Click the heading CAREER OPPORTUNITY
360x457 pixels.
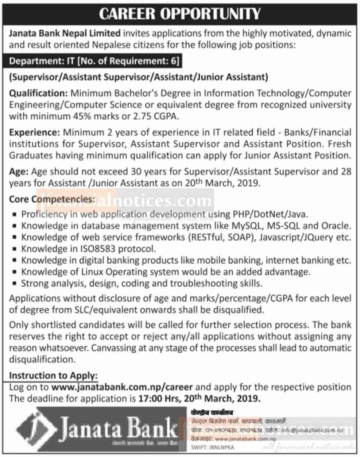point(180,14)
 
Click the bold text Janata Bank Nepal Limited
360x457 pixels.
point(65,34)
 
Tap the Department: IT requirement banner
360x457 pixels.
point(94,61)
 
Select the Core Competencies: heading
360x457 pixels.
point(51,199)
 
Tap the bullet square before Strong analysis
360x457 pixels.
point(14,284)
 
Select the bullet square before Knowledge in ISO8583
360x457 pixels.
point(14,249)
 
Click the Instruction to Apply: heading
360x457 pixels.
point(53,376)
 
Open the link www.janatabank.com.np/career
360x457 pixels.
point(122,387)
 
